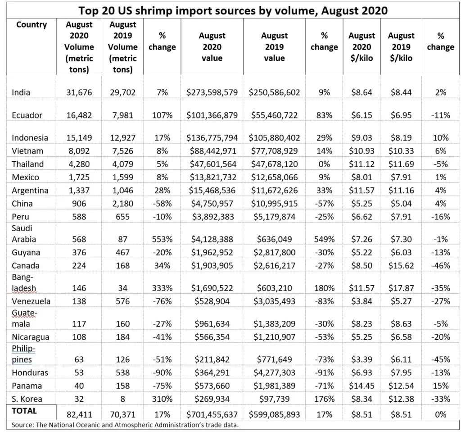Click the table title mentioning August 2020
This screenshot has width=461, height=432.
(233, 10)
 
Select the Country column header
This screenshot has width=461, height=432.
(32, 25)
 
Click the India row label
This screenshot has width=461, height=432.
(21, 92)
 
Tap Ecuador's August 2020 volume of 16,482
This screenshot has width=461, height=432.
(79, 115)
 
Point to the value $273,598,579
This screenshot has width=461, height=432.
(212, 92)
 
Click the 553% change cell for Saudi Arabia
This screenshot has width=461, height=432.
(162, 239)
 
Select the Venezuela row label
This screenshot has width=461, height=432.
(31, 301)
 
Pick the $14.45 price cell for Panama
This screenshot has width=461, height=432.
(362, 386)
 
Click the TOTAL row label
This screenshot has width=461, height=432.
(24, 411)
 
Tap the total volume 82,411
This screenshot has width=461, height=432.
(79, 414)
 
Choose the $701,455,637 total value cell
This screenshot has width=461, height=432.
(212, 414)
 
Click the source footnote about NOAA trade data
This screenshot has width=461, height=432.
(125, 425)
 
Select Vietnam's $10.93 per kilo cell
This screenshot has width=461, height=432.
(362, 151)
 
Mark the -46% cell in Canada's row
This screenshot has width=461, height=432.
(441, 265)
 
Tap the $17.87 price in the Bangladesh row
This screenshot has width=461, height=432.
(401, 288)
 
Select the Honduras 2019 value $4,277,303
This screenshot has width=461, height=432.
(274, 373)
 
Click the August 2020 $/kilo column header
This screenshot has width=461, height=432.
(362, 47)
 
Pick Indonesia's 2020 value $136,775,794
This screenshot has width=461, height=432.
(212, 138)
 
